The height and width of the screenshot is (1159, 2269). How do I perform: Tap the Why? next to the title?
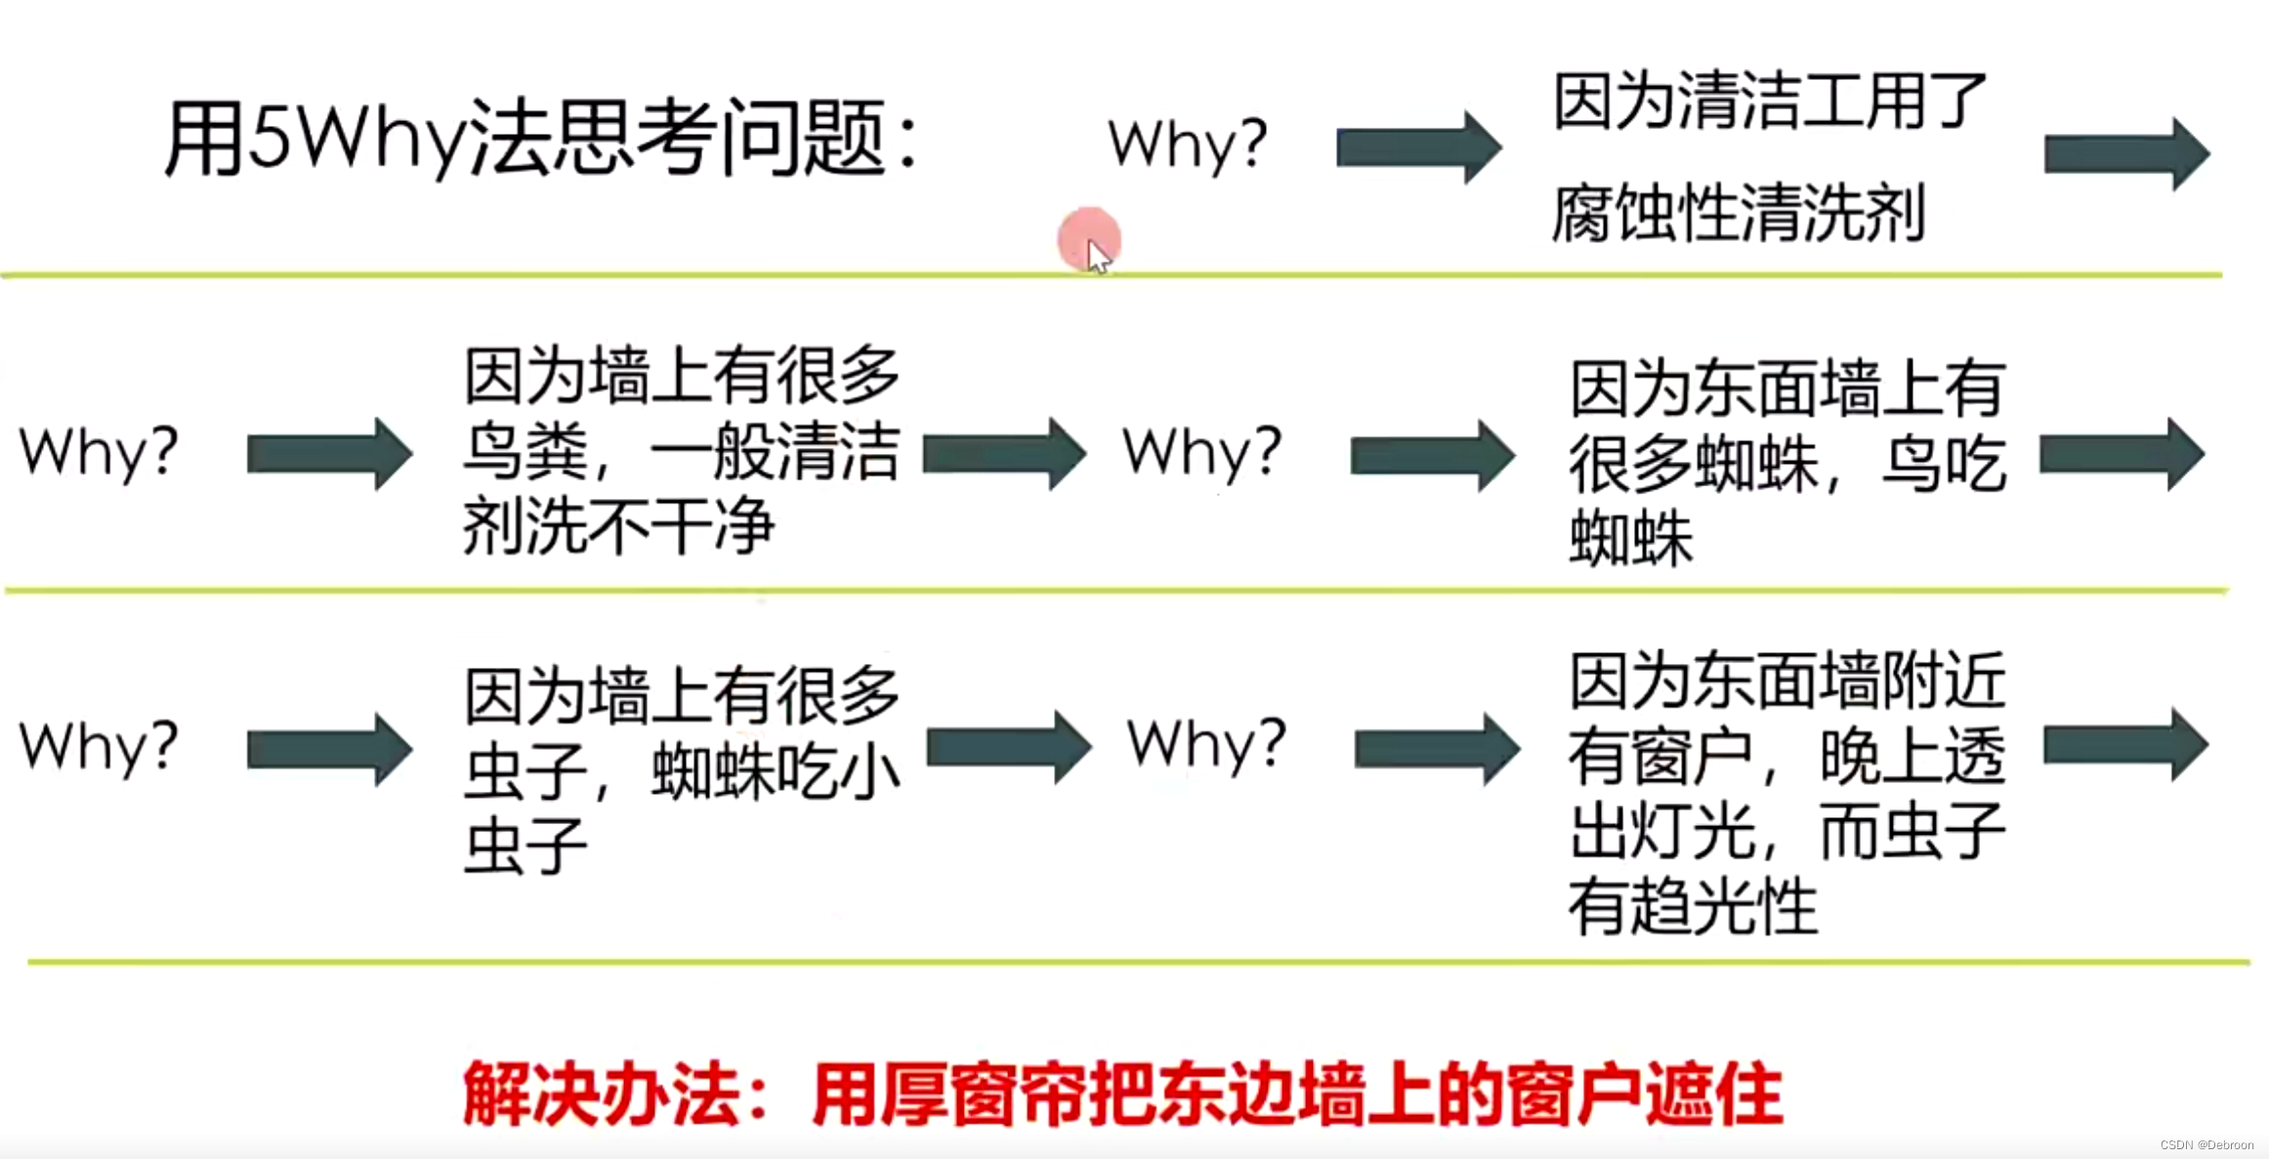(x=1187, y=145)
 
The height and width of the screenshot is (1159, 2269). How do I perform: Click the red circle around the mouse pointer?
(x=1088, y=239)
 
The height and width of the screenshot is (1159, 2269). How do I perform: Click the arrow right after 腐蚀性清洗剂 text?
(x=2126, y=154)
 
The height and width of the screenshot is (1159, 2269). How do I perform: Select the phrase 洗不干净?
(x=651, y=526)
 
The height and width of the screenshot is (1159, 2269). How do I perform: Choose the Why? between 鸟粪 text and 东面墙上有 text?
(x=1201, y=453)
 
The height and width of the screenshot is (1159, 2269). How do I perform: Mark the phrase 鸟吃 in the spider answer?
(x=1944, y=464)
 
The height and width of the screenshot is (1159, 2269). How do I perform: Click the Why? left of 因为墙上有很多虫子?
(x=99, y=748)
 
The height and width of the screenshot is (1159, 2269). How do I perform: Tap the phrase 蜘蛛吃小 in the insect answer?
(x=776, y=772)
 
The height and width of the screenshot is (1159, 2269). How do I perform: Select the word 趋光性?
(x=1723, y=907)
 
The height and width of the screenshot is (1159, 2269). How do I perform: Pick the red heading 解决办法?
(x=600, y=1095)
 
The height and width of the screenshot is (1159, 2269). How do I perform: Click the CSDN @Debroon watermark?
(x=2206, y=1144)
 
